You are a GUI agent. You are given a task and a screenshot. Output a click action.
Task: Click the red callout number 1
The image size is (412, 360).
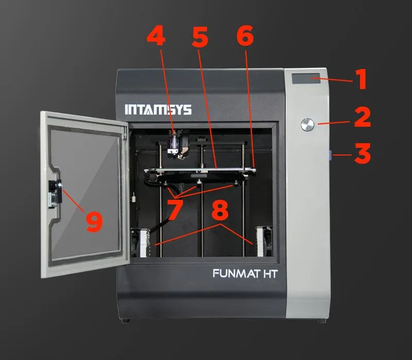coord(362,80)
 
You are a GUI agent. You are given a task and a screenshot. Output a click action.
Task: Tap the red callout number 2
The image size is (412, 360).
coord(363,117)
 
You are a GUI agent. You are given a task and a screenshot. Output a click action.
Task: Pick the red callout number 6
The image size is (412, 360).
coord(245,37)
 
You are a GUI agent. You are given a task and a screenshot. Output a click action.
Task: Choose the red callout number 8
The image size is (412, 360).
coord(219,211)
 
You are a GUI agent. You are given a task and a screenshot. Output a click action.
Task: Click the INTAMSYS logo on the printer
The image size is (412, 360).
coord(158,110)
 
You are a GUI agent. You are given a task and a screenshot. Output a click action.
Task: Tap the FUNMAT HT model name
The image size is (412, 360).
coord(245,274)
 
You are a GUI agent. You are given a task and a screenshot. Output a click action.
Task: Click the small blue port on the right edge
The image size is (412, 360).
coord(330,153)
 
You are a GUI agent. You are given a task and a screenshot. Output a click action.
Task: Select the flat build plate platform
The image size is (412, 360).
coord(201,170)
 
